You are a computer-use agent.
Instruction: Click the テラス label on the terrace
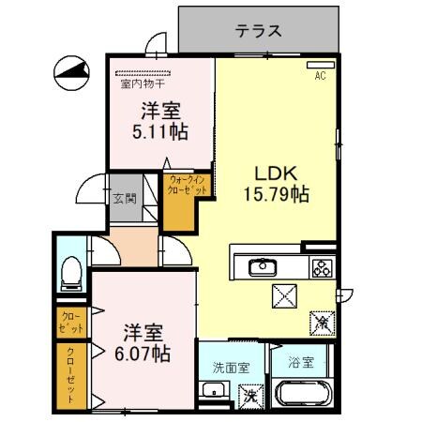258,30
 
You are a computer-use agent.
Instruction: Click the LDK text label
276,173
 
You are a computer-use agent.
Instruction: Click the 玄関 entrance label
125,198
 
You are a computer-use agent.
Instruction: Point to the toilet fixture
69,272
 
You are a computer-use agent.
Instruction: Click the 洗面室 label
230,368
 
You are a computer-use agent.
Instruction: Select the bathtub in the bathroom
301,395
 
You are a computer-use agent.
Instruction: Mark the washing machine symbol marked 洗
250,395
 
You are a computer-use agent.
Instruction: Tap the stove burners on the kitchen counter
320,268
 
